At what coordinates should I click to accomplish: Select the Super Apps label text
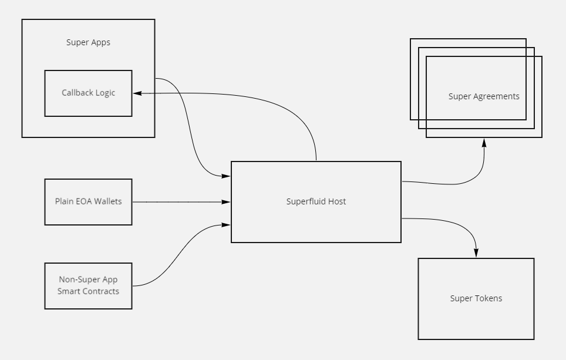click(88, 43)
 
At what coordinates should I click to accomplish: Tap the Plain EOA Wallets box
click(88, 201)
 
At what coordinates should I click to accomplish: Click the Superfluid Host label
click(316, 201)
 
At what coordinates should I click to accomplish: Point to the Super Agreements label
click(484, 96)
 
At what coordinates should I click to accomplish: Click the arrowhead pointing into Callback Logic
click(137, 93)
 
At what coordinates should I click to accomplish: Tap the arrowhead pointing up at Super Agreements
click(484, 142)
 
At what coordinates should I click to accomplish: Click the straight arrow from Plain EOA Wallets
click(176, 201)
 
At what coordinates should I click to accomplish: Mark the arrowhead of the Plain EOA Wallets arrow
click(226, 201)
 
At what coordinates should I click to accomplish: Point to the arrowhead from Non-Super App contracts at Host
click(226, 224)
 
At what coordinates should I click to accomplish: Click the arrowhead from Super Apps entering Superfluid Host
click(226, 175)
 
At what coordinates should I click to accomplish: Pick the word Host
click(337, 201)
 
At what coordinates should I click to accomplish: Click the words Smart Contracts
click(88, 291)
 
